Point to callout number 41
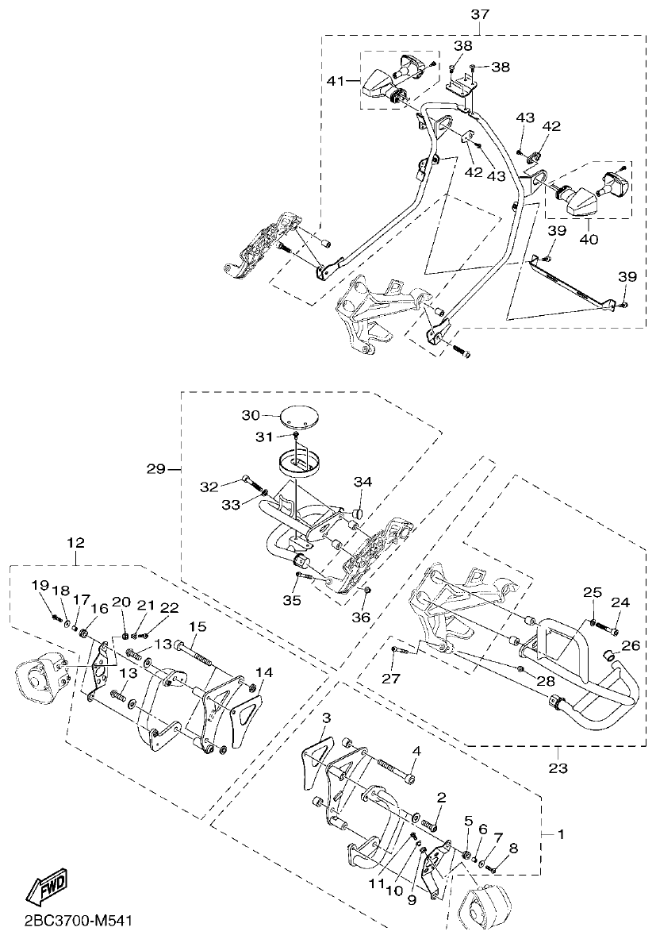tap(336, 80)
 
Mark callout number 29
tap(155, 469)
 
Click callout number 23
tap(557, 768)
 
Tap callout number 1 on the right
tap(562, 834)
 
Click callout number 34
tap(363, 482)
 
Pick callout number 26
tap(631, 645)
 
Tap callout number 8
tap(513, 848)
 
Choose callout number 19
tap(40, 585)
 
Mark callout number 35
tap(293, 600)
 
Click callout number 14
tap(264, 672)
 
